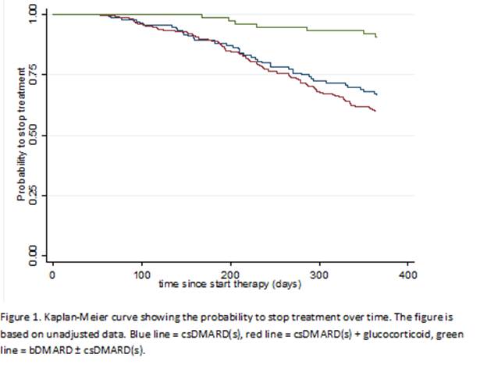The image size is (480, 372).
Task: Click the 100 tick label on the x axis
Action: (141, 275)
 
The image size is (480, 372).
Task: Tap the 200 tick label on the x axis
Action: (230, 275)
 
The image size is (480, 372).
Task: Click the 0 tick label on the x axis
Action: (52, 275)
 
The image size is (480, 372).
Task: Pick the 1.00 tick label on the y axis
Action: (32, 15)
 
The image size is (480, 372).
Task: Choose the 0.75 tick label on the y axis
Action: (32, 75)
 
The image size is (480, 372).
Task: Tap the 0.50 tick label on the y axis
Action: (32, 136)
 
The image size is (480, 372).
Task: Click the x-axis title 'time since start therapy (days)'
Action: (230, 284)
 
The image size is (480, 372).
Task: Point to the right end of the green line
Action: (377, 37)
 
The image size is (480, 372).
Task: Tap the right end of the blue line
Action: (377, 94)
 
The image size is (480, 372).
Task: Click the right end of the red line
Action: (375, 112)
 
